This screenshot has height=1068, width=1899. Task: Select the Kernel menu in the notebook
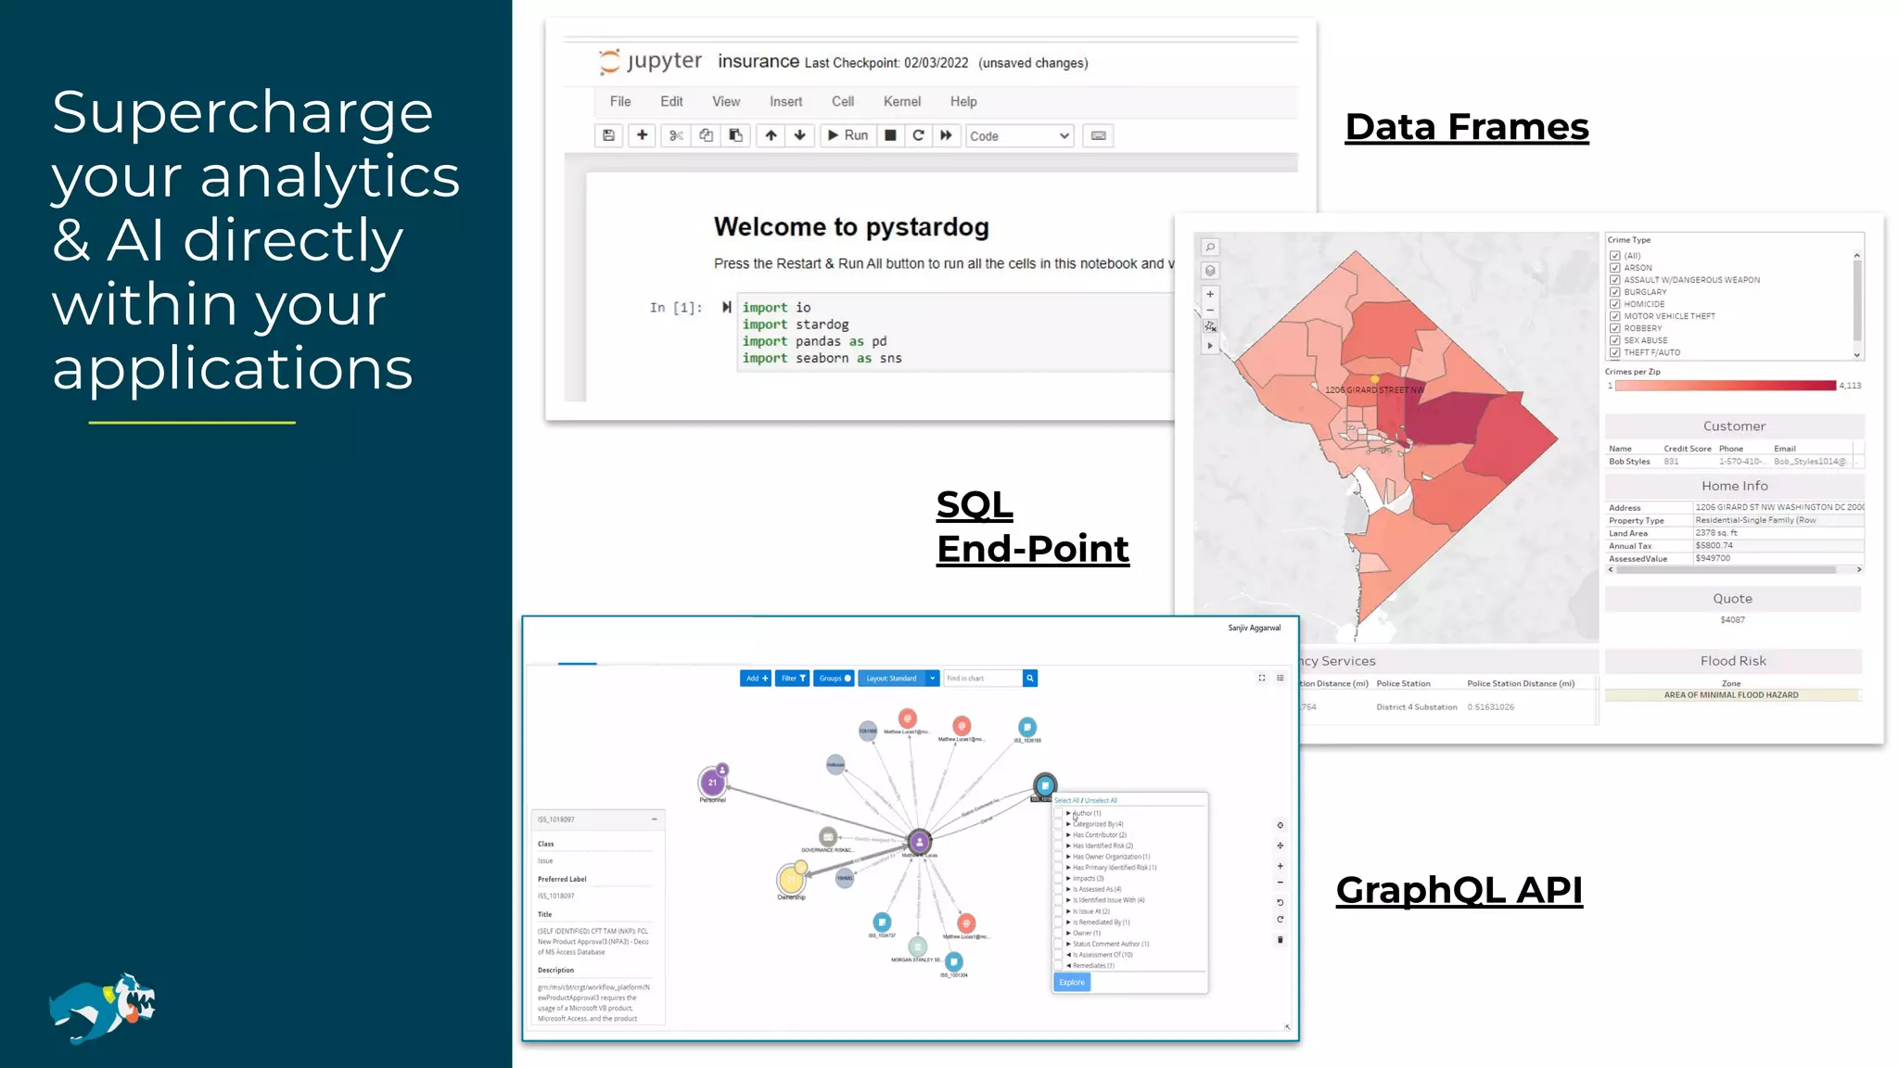click(901, 102)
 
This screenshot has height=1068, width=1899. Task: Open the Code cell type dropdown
click(1019, 136)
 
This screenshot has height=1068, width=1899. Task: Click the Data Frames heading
click(1467, 127)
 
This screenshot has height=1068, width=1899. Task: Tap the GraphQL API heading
click(1459, 890)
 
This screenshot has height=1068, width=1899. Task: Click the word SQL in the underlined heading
click(975, 505)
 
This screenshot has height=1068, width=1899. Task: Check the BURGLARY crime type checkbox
click(1615, 292)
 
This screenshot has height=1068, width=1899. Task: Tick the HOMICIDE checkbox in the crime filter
click(1615, 304)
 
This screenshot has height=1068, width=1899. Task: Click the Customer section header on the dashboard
click(1734, 426)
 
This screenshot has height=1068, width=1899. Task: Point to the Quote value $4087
click(1732, 619)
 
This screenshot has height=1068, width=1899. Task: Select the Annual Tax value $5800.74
click(1714, 545)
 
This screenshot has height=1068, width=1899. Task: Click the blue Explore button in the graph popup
click(1072, 983)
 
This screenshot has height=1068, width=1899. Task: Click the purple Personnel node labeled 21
click(712, 782)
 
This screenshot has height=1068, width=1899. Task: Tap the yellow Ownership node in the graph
click(791, 878)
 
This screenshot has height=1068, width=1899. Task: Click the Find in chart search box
click(982, 679)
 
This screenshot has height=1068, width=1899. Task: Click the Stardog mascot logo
click(103, 1008)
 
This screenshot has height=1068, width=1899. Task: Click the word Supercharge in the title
click(242, 112)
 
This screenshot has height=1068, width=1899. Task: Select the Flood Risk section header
click(1733, 661)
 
